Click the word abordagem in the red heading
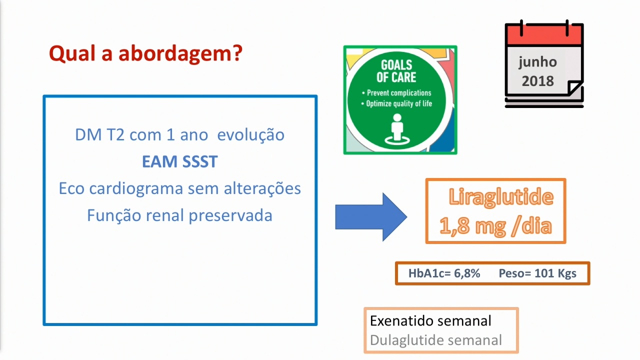pos(180,54)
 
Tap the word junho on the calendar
pos(537,62)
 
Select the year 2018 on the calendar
pos(537,81)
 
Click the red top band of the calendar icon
pos(544,35)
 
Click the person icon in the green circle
pos(397,128)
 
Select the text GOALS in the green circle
pos(396,65)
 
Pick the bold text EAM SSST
pos(180,161)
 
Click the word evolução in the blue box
pos(251,135)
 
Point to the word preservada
pos(230,215)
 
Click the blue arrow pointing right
pos(371,217)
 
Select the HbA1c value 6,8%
pos(467,273)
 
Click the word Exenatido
pos(401,321)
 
